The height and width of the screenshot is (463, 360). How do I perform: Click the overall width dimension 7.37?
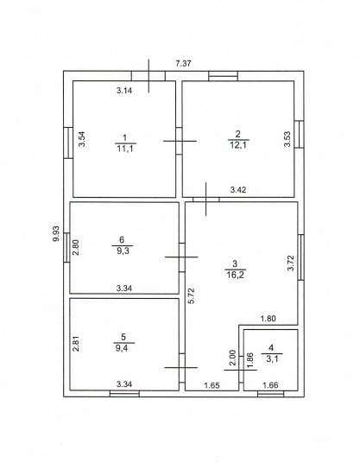(x=183, y=63)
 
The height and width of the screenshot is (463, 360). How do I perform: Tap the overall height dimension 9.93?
(x=56, y=233)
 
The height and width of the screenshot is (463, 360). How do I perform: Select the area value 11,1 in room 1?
(x=125, y=149)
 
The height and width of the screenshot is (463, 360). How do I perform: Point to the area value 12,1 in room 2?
(x=237, y=145)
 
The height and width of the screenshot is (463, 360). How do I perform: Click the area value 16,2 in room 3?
(x=235, y=275)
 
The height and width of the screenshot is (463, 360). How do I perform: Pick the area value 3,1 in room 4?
(x=272, y=359)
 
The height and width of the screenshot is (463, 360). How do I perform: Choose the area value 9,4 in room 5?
(x=123, y=348)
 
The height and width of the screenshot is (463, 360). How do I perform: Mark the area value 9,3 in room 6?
(x=123, y=251)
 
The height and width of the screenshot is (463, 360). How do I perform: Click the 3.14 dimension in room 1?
(x=124, y=91)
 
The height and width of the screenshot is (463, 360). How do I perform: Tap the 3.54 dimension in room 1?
(x=82, y=139)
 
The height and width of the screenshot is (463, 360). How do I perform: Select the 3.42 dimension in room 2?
(x=238, y=189)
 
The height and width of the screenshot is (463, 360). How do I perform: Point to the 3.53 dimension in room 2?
(x=287, y=139)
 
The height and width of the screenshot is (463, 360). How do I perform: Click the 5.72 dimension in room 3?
(x=192, y=296)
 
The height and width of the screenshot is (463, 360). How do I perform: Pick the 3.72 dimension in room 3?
(x=291, y=263)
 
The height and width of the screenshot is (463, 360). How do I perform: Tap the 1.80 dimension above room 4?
(x=268, y=319)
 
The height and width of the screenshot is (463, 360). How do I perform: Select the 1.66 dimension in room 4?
(x=270, y=385)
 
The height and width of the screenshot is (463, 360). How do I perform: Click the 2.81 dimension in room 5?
(x=76, y=344)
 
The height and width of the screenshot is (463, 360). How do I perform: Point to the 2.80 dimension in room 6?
(x=76, y=247)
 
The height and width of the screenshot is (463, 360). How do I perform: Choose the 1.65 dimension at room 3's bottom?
(x=212, y=385)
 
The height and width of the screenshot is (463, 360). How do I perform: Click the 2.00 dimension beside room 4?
(x=233, y=358)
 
